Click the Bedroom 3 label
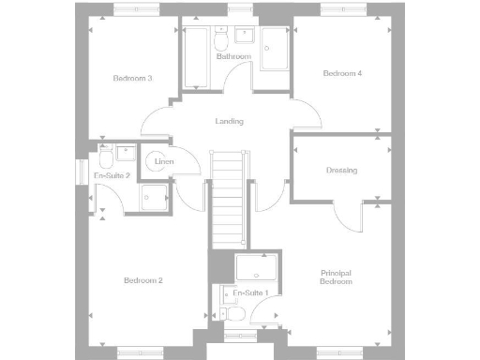tap(132, 78)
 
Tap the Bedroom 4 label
tap(342, 73)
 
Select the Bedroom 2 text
tap(143, 280)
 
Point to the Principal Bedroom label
tap(336, 277)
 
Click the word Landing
tap(229, 121)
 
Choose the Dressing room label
tap(341, 170)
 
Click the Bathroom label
tap(234, 57)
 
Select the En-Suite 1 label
tap(250, 293)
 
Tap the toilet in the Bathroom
tap(221, 41)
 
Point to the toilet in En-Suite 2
tap(105, 153)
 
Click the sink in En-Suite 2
tap(126, 151)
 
